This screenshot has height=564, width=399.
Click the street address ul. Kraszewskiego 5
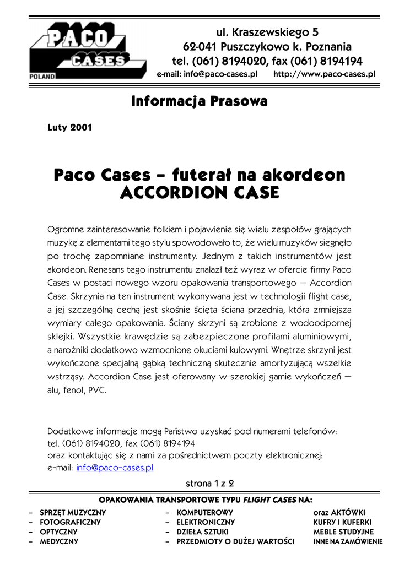click(x=267, y=32)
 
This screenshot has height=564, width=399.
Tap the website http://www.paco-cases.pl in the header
click(x=324, y=73)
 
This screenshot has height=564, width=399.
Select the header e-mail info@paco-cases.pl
click(x=207, y=73)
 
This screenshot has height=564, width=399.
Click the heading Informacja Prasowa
click(x=199, y=102)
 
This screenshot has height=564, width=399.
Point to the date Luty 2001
click(x=70, y=128)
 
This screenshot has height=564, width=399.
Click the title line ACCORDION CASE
click(x=199, y=193)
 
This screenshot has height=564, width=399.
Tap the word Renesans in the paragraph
click(x=108, y=270)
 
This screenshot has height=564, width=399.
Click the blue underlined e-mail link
click(x=115, y=468)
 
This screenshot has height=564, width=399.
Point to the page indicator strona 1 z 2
click(x=210, y=484)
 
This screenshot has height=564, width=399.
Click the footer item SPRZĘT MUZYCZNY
click(x=73, y=513)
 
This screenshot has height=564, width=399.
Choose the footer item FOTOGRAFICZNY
click(x=70, y=522)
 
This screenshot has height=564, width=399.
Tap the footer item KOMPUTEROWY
click(x=204, y=513)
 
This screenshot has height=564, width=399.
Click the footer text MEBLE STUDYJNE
click(x=343, y=532)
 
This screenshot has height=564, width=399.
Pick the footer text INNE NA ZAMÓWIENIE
click(x=347, y=542)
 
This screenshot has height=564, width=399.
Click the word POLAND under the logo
click(x=42, y=77)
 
